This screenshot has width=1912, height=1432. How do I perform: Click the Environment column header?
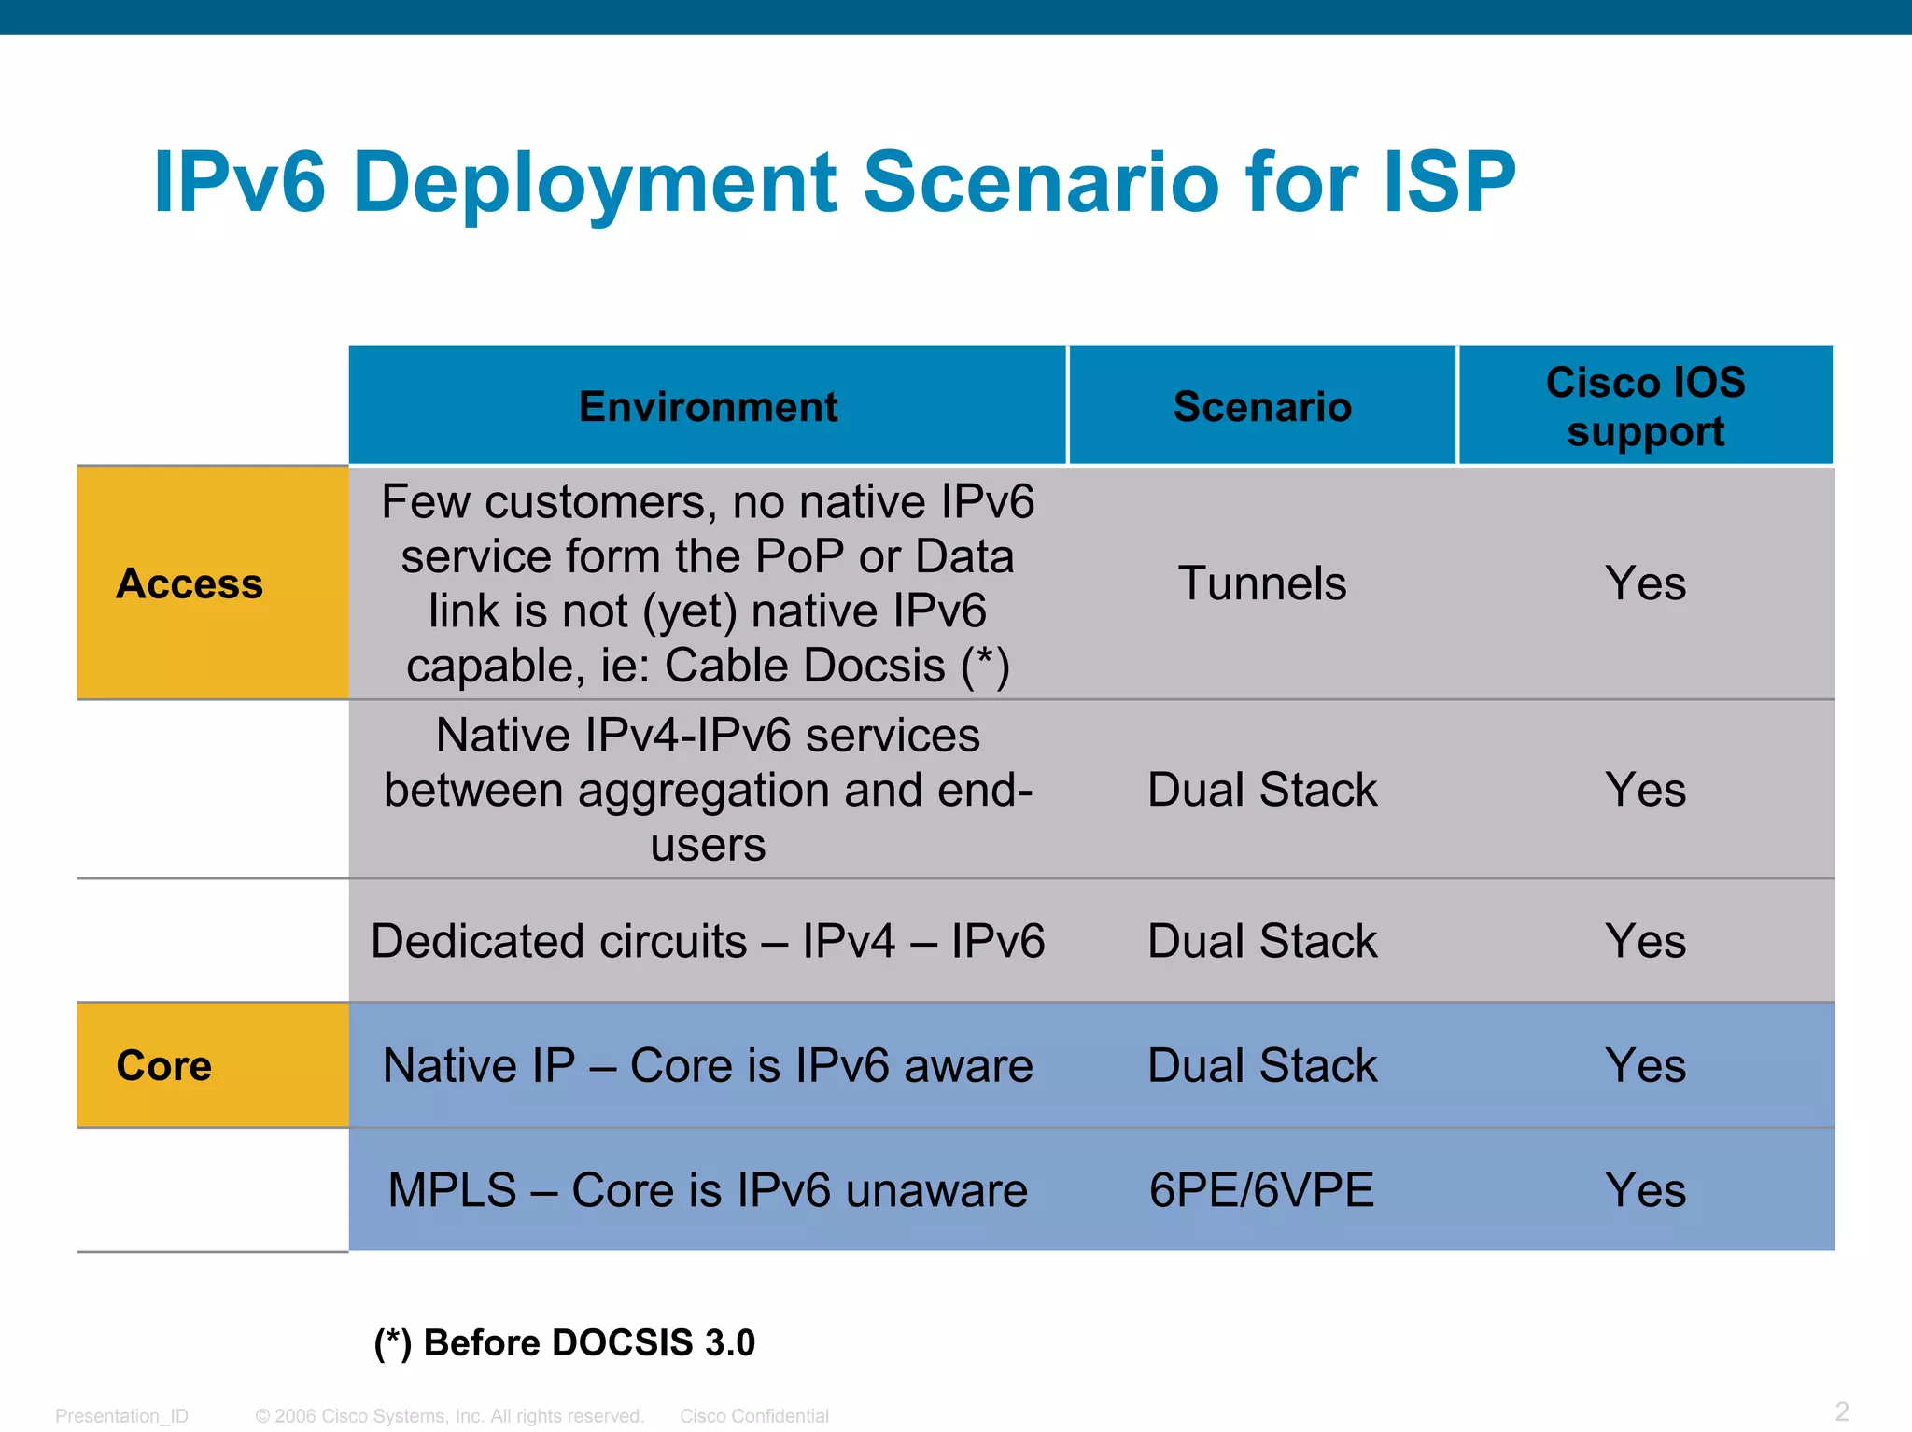tap(708, 407)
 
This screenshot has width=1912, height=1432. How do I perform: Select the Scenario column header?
tap(1262, 407)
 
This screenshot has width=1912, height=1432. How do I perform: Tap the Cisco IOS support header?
tap(1645, 407)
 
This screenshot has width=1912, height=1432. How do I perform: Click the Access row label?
tap(190, 583)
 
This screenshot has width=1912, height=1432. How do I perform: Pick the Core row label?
tap(164, 1065)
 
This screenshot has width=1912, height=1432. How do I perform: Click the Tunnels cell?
tap(1262, 583)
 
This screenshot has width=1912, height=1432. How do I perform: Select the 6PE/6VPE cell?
tap(1262, 1190)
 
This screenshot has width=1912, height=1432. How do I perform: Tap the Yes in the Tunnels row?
tap(1645, 583)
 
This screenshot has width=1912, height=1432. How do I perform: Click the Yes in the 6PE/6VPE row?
tap(1645, 1190)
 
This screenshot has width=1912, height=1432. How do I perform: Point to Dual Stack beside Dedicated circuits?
tap(1262, 941)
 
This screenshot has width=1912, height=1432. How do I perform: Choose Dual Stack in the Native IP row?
tap(1262, 1065)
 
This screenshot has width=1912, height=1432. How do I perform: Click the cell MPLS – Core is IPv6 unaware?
tap(708, 1190)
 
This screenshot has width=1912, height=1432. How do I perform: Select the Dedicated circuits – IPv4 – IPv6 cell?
tap(708, 941)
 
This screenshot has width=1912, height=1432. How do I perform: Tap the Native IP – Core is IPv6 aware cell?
tap(708, 1065)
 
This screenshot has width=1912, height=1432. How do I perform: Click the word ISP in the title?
tap(1449, 182)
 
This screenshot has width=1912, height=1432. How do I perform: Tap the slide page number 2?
tap(1841, 1411)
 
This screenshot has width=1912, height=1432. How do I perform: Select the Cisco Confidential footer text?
tap(754, 1416)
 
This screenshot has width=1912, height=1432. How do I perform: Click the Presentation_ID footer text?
tap(121, 1416)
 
